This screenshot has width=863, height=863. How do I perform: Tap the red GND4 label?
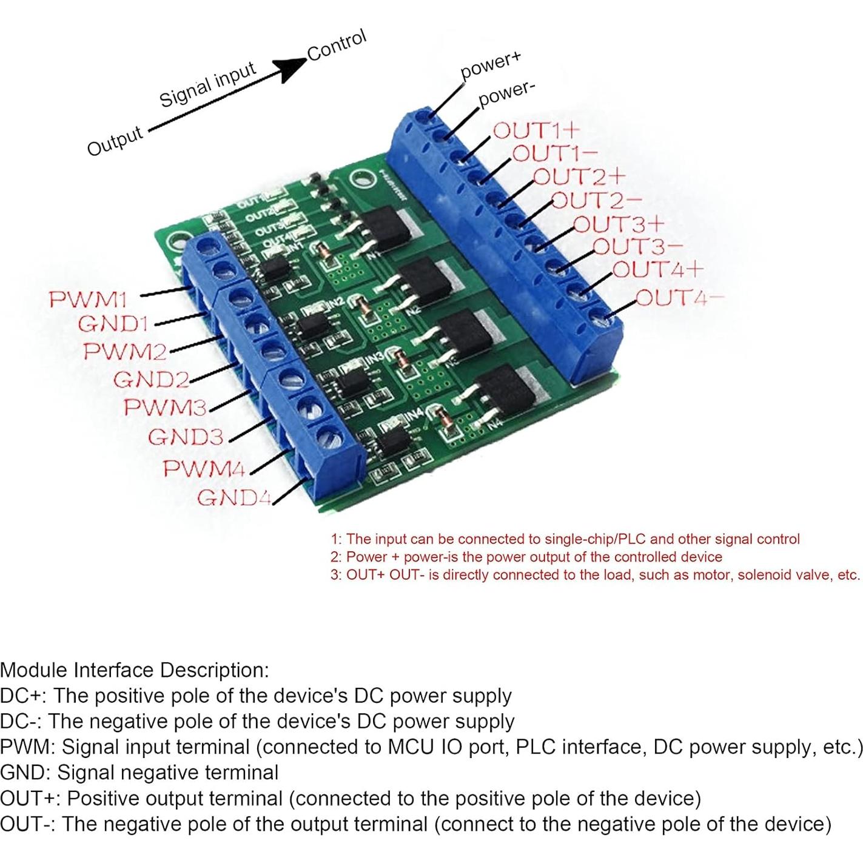point(234,498)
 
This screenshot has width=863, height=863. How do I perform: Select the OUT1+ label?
point(537,130)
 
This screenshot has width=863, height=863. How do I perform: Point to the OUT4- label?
point(680,298)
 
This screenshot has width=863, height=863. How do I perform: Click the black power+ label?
point(491,65)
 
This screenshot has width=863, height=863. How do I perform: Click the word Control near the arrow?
point(337,45)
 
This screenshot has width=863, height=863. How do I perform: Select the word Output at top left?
point(115,141)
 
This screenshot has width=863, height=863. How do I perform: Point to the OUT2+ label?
point(579,176)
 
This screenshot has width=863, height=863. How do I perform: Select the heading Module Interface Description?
point(134,670)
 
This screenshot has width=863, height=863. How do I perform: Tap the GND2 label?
point(151,380)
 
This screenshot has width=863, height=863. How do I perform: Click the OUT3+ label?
point(619,224)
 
